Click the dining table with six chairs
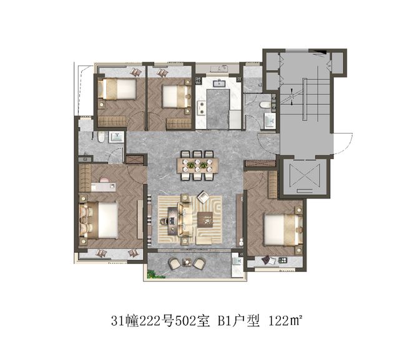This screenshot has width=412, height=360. coord(199,165)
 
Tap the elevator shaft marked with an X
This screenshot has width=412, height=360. coord(305,176)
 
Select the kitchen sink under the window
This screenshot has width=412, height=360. coord(218,84)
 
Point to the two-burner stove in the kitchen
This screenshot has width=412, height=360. coord(202,108)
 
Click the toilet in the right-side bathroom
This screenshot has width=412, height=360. coord(265,105)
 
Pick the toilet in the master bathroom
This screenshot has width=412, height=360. coord(101,137)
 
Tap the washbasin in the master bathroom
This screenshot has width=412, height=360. coord(116,137)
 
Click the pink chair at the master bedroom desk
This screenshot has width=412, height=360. coord(105,180)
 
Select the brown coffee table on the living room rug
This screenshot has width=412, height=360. coord(205,220)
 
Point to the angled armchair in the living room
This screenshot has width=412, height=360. coord(204,197)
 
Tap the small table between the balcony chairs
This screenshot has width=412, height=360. coord(187,262)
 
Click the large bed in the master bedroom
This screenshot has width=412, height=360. coord(99,220)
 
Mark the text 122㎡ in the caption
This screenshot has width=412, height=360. coord(285,321)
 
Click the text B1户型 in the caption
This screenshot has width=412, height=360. coord(238,321)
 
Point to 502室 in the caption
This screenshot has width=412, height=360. coord(192,321)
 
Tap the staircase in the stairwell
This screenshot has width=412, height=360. coord(305,99)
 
